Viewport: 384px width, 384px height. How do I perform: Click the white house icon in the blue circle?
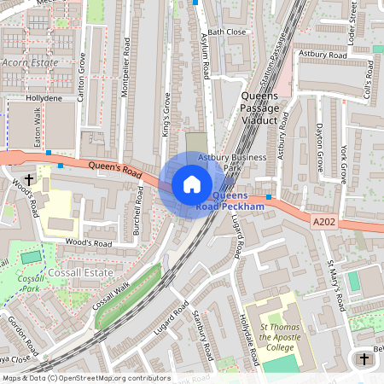(x=192, y=184)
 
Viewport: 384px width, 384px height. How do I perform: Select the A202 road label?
(x=324, y=222)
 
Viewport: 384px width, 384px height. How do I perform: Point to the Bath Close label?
(x=226, y=32)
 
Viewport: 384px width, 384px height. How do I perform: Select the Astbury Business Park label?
(x=221, y=163)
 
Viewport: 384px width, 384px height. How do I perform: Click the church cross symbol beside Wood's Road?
(x=30, y=180)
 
